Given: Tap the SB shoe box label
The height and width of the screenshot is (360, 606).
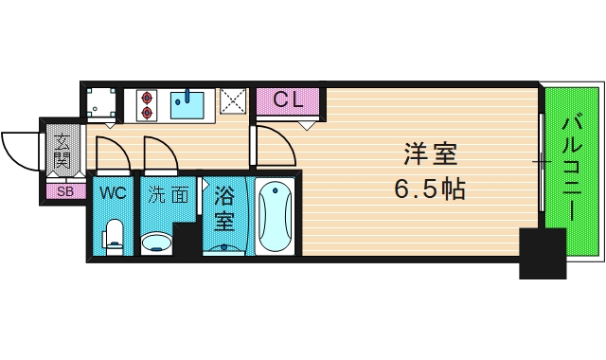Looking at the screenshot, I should coord(64,192).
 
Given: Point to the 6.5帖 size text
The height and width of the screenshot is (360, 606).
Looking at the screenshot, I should coord(429,189).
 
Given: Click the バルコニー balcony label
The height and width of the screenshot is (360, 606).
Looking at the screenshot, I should coord(571,169).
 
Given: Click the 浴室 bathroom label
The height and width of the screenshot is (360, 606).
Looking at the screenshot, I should coord(224,209).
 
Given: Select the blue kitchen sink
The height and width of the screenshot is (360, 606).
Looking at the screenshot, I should coord(190,103).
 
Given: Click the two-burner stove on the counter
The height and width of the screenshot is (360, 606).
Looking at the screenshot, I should coord(147,104).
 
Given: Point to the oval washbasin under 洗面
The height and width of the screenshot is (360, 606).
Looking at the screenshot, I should coord(157,244).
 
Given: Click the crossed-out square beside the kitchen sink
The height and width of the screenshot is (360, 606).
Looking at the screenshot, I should coord(233,102).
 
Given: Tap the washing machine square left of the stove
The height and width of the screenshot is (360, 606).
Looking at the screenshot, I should coord(102,104).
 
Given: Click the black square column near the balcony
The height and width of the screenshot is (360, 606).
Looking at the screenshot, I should coord(542,253).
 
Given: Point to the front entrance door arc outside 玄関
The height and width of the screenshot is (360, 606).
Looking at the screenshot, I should coord(19,150).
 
